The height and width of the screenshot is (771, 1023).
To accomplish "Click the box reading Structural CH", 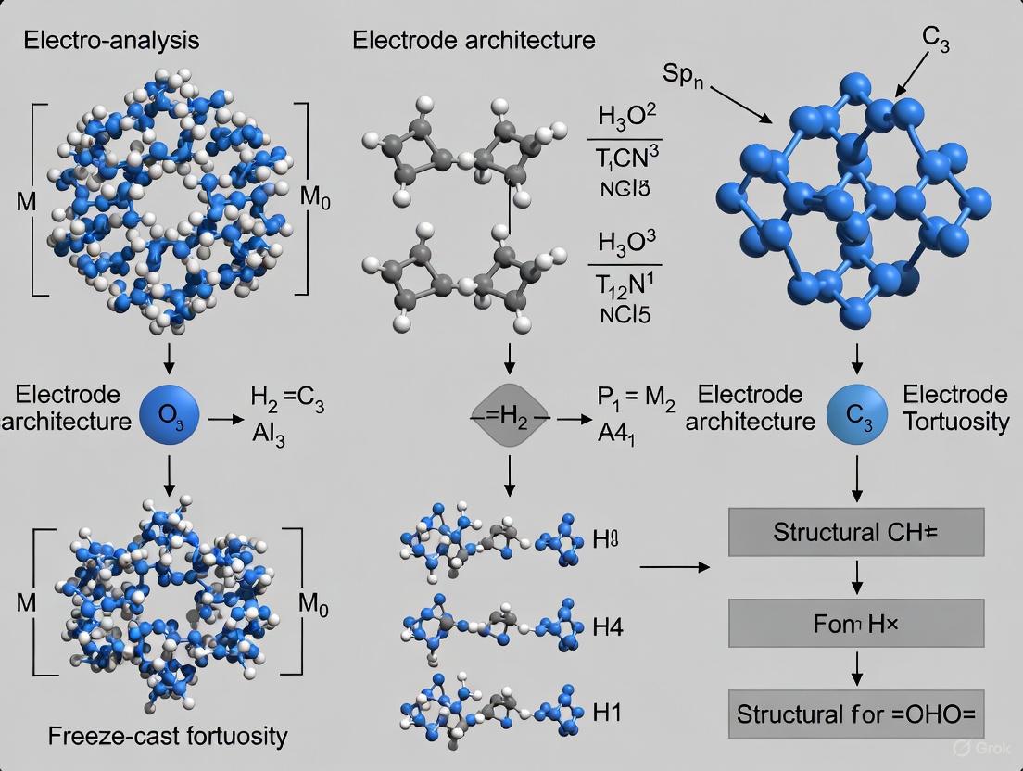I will click(855, 533).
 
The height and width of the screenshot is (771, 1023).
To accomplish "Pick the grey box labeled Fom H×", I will click(855, 624).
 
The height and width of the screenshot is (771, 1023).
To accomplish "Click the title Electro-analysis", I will click(111, 40).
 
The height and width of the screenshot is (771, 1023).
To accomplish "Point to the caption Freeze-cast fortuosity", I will click(169, 737).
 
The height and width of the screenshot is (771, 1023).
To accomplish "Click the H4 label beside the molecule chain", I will click(608, 629).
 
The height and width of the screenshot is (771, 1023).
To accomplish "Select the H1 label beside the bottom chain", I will click(608, 714).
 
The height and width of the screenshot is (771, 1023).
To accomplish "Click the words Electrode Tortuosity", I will click(955, 408).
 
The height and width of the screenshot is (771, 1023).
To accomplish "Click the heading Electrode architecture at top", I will click(474, 40).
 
